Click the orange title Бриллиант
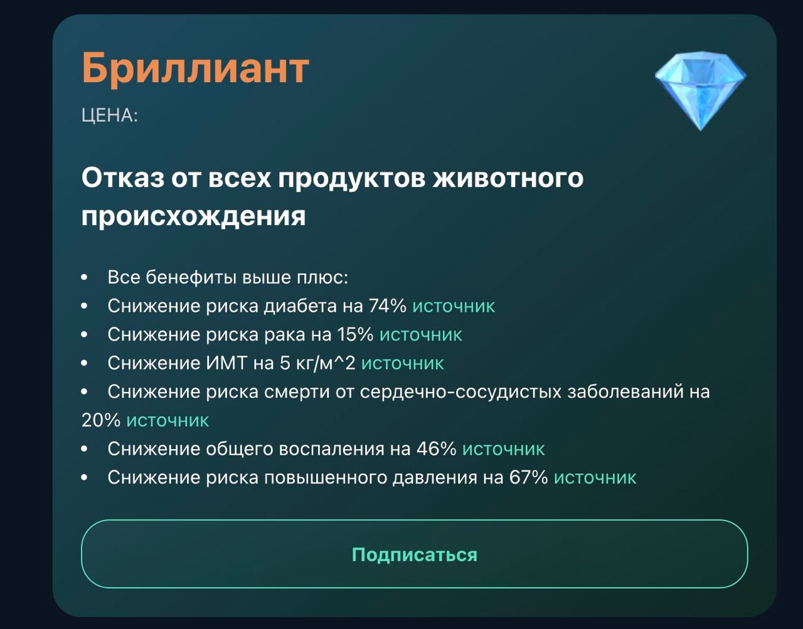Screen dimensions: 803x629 coord(195,68)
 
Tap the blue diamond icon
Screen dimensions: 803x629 coord(701,91)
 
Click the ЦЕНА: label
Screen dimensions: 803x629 coord(109,115)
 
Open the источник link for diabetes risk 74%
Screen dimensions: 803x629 coord(454,306)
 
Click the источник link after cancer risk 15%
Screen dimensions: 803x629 coord(420,335)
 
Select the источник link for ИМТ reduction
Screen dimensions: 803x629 coord(402,364)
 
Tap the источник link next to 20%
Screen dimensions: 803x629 coord(168,421)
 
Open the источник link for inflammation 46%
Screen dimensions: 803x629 coord(503,449)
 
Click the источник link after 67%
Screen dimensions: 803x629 coord(595,478)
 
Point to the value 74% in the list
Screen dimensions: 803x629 coord(387,306)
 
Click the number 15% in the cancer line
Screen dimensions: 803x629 coord(355,335)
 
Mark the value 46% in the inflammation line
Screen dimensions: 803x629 coord(437,449)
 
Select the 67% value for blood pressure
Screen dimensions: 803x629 coord(528,478)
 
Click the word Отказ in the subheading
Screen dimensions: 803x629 coord(123,178)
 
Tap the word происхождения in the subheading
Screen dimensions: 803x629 coord(193,216)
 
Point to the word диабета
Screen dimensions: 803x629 coord(300,307)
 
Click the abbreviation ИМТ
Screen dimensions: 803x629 coord(226,364)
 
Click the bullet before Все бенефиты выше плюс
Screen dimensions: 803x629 coord(84,277)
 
